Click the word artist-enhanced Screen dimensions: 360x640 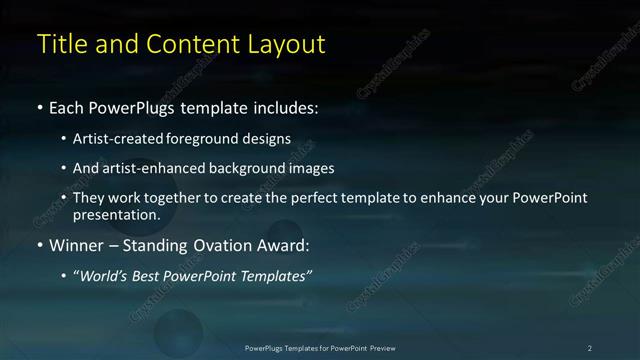(x=146, y=168)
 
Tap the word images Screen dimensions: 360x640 (x=311, y=168)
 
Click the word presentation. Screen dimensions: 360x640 (x=116, y=215)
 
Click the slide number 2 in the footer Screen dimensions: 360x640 (x=590, y=348)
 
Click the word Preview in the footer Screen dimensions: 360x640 (x=382, y=348)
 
